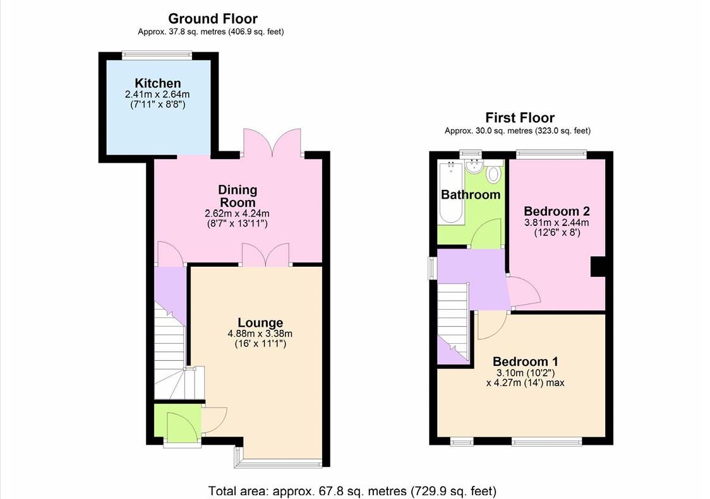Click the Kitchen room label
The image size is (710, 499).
(157, 83)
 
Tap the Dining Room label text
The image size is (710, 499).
(238, 196)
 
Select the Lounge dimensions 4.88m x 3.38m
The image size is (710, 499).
(260, 334)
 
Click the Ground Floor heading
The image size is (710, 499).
(212, 18)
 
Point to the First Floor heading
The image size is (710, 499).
(519, 117)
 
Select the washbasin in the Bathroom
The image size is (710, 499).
(472, 167)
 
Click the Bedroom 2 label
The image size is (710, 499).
(557, 211)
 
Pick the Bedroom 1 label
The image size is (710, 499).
(525, 361)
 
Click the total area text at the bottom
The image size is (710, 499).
(352, 490)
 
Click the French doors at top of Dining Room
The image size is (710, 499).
(272, 143)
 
